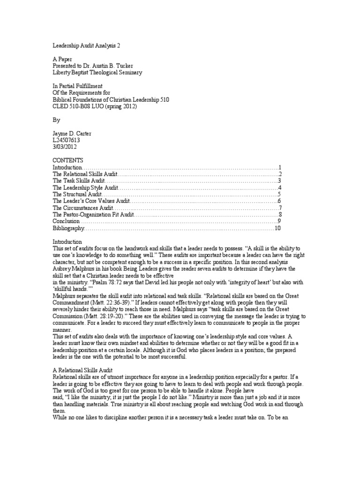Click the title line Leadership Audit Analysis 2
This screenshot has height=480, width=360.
(89, 46)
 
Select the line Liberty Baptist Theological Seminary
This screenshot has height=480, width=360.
(97, 73)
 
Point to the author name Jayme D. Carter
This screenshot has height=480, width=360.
(72, 134)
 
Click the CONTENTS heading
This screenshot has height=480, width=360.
(67, 160)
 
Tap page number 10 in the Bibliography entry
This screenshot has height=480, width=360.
(277, 228)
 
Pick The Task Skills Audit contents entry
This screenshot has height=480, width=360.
(79, 181)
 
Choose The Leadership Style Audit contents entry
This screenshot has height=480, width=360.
(85, 187)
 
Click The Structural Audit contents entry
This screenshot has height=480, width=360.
(77, 194)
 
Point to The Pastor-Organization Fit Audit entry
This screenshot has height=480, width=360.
(93, 215)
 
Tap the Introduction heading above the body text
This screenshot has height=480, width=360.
(67, 241)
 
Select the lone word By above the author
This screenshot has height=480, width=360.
(57, 120)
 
